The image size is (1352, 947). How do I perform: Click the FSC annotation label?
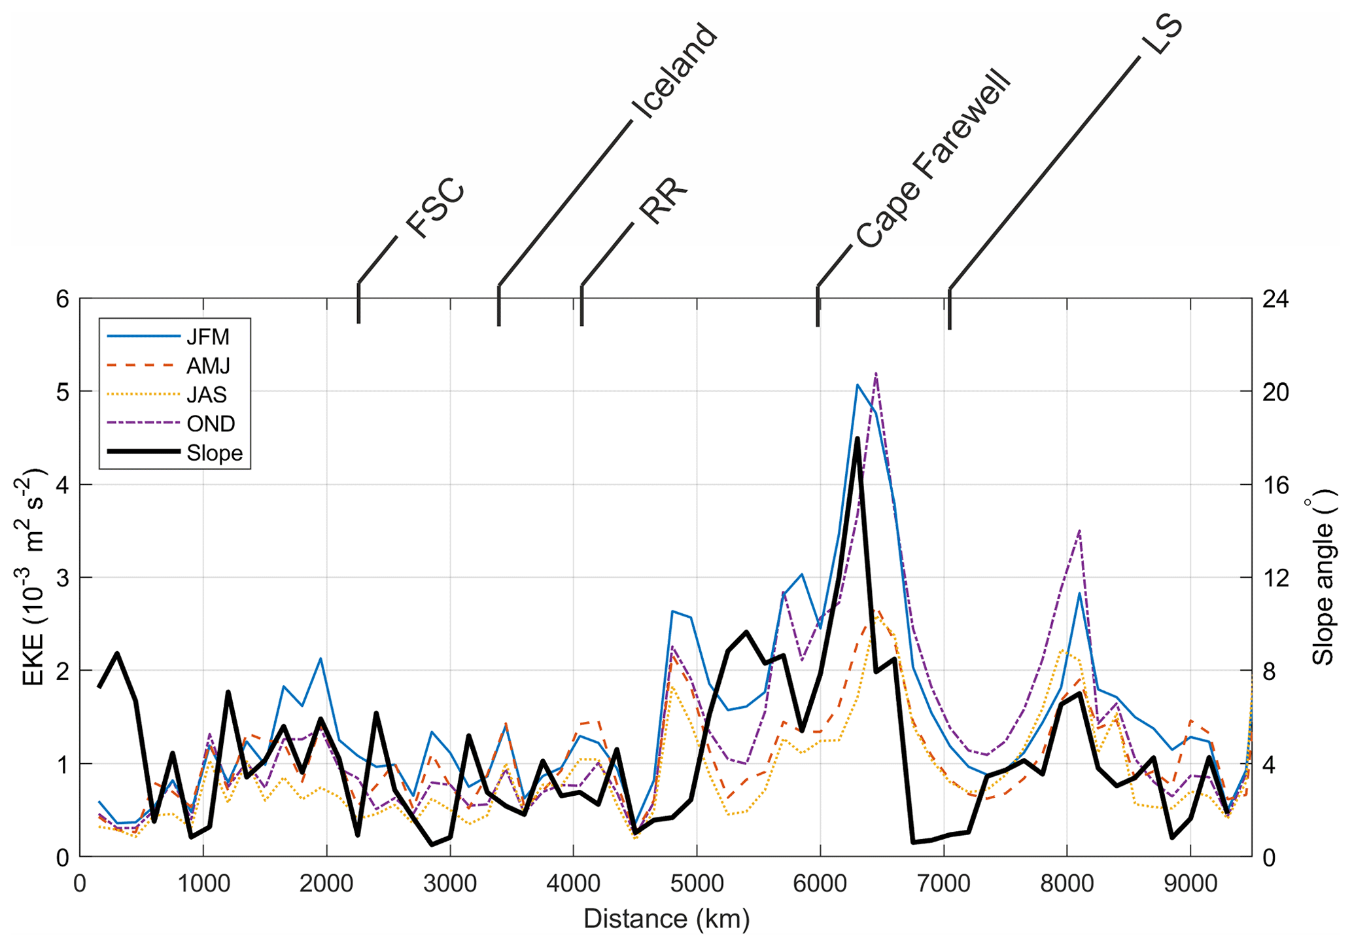[x=436, y=208]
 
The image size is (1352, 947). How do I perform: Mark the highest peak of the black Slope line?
[x=857, y=438]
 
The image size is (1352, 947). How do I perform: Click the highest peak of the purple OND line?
[x=875, y=373]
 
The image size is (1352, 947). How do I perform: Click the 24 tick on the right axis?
[x=1275, y=299]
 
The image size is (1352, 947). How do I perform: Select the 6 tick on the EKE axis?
[x=62, y=299]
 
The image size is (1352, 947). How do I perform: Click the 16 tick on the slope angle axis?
[x=1275, y=485]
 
